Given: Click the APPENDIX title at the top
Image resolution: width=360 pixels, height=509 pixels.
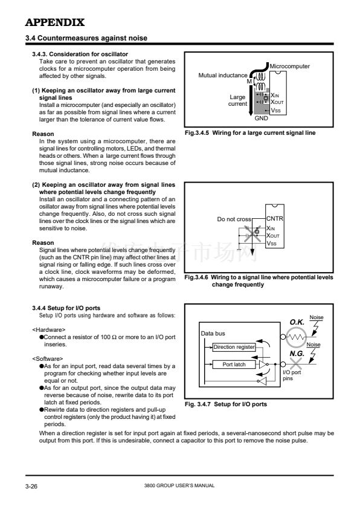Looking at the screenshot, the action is [55, 22].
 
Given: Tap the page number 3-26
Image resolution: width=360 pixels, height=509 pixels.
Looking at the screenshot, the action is [31, 486].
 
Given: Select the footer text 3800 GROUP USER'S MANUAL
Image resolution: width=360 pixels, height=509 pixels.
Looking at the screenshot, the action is [179, 485].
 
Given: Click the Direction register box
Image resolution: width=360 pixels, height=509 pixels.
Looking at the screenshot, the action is [234, 347].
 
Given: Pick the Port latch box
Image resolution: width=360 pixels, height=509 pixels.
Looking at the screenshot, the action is [234, 365].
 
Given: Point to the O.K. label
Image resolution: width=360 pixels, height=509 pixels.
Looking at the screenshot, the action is [297, 322].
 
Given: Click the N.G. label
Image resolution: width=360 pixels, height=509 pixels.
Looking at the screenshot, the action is [297, 353].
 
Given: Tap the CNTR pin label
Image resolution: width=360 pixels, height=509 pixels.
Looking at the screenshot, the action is [274, 219].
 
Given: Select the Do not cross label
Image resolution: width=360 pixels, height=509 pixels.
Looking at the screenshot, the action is [234, 219].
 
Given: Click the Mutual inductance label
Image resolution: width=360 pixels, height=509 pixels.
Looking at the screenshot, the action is [222, 76].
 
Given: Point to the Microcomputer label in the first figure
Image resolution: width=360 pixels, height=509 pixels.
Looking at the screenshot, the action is [289, 66].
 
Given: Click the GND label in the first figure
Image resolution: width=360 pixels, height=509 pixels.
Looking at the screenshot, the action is [261, 118].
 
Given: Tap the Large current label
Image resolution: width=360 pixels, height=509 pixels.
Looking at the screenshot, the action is [237, 100].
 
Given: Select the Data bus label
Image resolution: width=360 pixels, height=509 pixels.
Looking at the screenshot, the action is [213, 333].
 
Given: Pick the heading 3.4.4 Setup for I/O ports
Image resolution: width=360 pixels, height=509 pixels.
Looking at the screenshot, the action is [66, 308].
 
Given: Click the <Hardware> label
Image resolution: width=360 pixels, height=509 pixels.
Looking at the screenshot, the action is [49, 330].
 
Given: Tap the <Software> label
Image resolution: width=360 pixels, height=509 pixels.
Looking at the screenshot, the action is [47, 358].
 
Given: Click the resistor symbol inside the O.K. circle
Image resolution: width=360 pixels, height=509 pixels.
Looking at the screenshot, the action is [296, 337].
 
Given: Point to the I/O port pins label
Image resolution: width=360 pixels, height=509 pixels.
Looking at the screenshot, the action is [292, 375].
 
